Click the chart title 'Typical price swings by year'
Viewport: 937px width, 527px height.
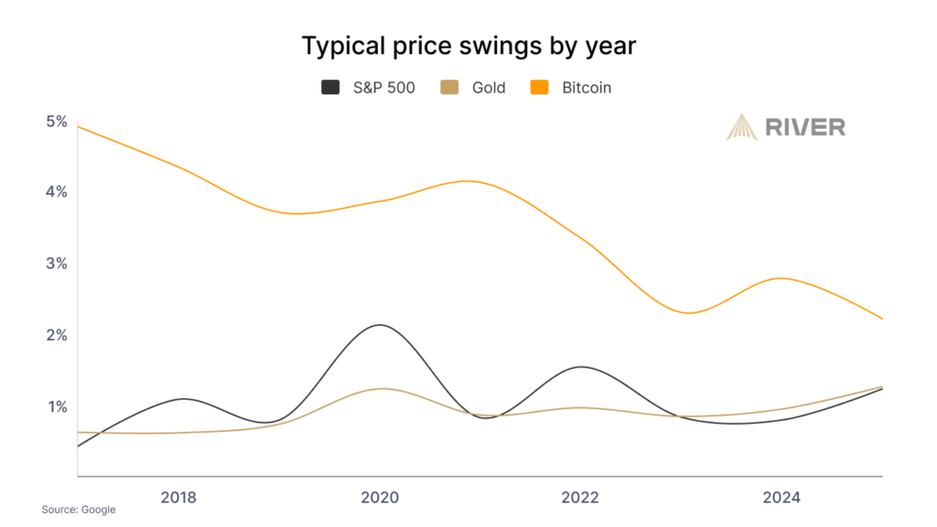tap(468, 46)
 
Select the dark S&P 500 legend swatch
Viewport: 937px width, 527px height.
tap(330, 88)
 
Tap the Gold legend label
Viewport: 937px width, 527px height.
tap(489, 88)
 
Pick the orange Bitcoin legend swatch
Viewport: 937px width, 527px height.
tap(539, 88)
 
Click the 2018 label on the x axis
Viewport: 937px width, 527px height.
tap(178, 498)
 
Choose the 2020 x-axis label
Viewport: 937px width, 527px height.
tap(380, 498)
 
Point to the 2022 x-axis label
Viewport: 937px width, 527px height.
tap(581, 498)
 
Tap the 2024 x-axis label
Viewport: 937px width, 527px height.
tap(781, 498)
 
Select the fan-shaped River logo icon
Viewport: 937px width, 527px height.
tap(741, 126)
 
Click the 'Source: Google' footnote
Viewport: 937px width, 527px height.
tap(79, 510)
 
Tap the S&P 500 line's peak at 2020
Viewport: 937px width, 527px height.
tap(378, 325)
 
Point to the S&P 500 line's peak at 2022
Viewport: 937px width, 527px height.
tap(578, 367)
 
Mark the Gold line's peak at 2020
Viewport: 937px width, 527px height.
tap(380, 389)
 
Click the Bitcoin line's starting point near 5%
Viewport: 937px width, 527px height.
tap(80, 126)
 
